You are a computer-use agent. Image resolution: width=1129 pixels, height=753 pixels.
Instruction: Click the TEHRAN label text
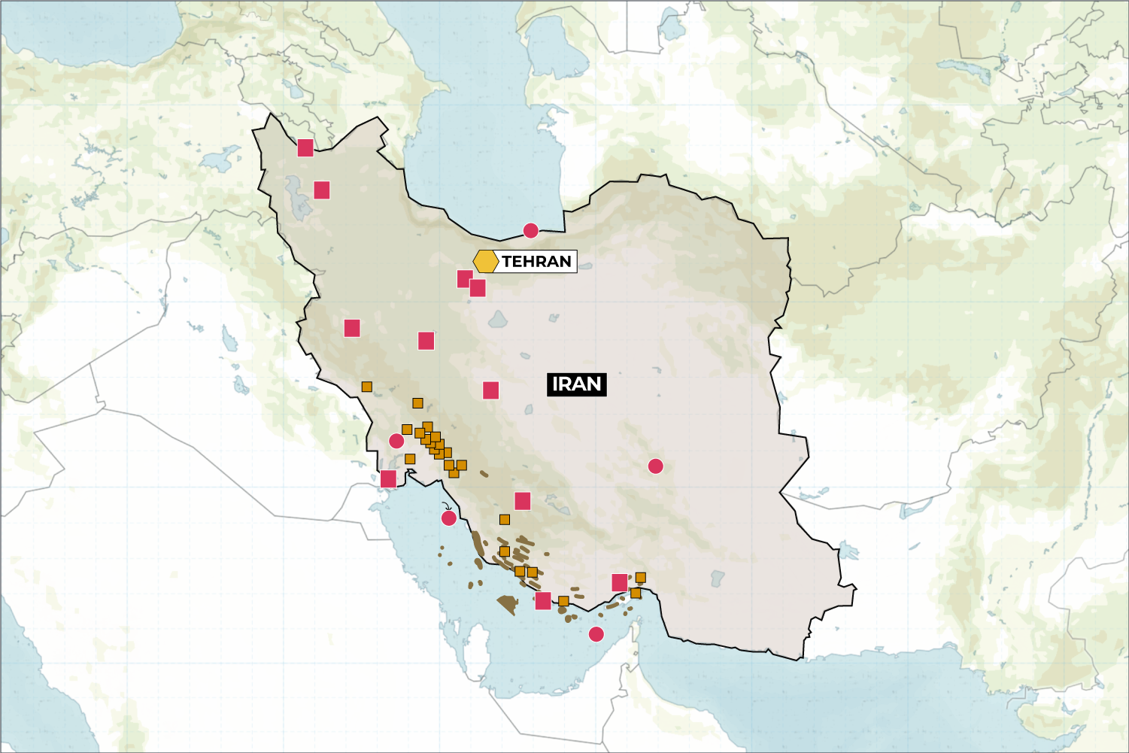pos(536,262)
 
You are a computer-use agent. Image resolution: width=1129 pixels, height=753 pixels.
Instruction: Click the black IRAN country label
pos(576,384)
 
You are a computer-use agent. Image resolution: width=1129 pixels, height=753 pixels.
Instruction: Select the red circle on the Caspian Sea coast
pos(530,231)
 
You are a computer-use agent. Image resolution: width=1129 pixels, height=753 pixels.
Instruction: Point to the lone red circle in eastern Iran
pos(655,466)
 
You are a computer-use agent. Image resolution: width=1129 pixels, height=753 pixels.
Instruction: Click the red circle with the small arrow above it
pos(448,518)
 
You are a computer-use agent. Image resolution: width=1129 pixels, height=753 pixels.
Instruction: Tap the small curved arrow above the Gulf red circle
pos(445,506)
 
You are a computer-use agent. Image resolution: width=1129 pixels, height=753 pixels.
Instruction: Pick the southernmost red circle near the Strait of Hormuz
pos(596,634)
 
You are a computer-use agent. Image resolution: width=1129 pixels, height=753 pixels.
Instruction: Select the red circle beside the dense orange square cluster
pos(396,441)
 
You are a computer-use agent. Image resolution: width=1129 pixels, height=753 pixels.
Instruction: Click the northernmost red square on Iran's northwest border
pos(305,147)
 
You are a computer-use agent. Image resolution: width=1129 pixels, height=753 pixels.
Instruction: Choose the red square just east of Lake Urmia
pos(322,190)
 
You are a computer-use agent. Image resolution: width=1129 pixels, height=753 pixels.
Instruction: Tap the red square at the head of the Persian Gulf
pos(388,479)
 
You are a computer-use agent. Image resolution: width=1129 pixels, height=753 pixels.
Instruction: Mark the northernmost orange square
pos(366,387)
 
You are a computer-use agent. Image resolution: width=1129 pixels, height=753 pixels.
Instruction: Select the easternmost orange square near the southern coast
pos(640,578)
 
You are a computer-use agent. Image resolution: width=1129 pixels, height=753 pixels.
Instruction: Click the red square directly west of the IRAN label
pos(491,390)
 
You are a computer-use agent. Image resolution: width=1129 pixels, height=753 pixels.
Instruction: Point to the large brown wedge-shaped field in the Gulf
pos(508,603)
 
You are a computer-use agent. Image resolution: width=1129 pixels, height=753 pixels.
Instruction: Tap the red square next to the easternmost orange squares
pos(620,583)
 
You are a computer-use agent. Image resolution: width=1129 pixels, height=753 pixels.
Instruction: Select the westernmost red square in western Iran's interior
pos(352,328)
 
